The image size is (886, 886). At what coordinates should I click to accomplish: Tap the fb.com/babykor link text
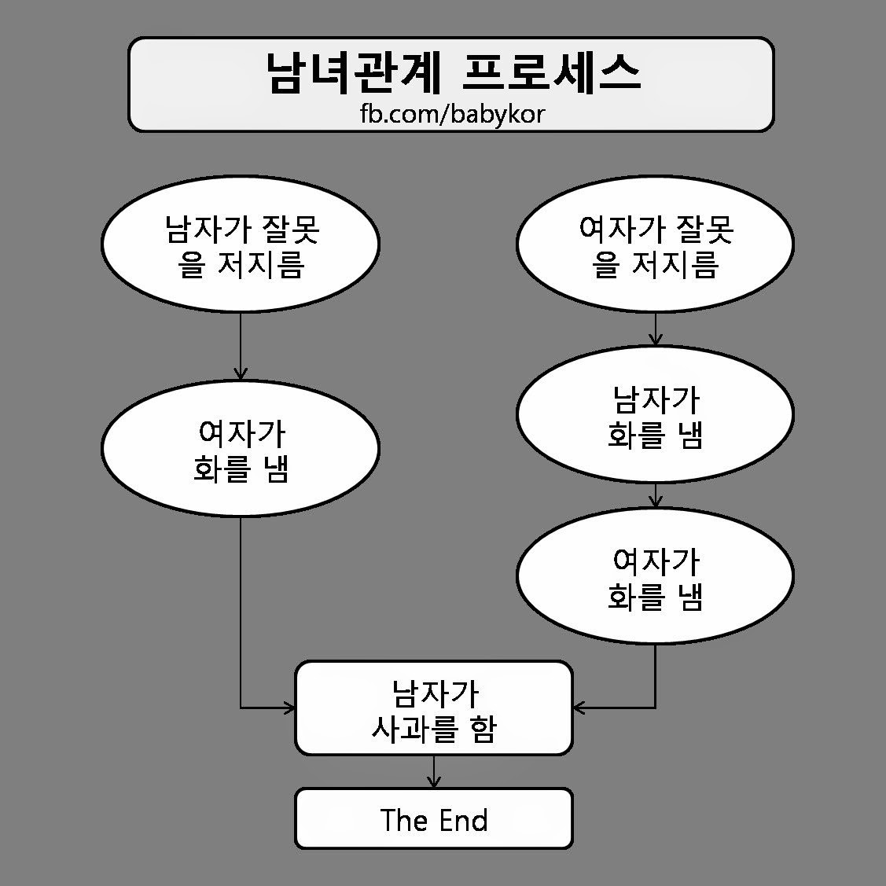(452, 114)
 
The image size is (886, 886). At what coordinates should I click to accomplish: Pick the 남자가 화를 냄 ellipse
(655, 414)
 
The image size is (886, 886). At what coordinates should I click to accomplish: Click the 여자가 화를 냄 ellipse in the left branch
(241, 449)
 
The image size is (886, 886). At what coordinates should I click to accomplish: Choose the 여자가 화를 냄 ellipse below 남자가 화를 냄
(655, 576)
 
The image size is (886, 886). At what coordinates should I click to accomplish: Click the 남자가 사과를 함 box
(433, 708)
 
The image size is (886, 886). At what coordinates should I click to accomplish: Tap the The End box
(433, 819)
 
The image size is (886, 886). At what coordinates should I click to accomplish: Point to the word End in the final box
(463, 820)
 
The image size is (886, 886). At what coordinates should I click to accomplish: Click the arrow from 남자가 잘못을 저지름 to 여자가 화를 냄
(241, 346)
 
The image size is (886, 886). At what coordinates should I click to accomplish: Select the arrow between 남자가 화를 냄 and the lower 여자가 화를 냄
(656, 495)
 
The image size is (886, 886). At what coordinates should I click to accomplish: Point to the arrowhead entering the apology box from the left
(289, 708)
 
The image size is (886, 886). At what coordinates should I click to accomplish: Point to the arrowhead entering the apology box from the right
(579, 708)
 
